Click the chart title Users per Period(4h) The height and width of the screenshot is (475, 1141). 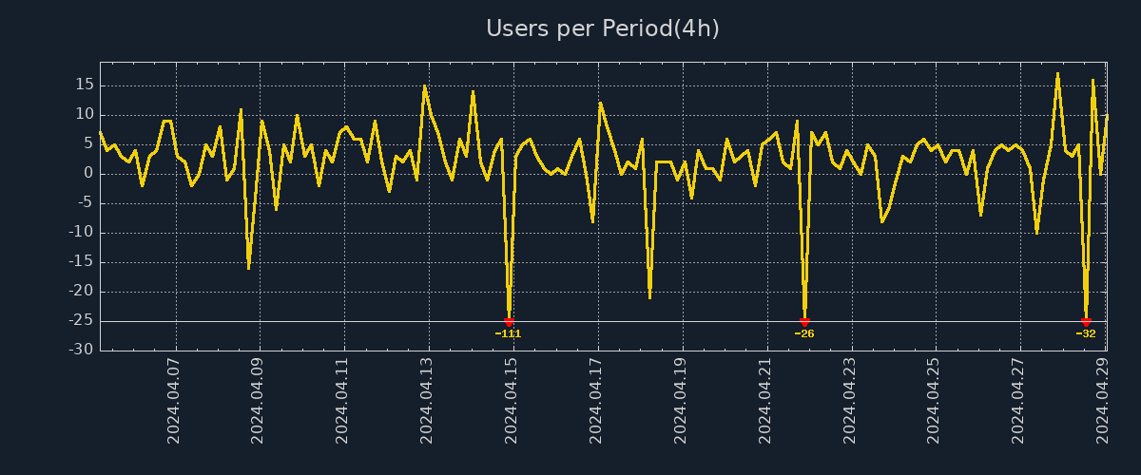[x=603, y=28]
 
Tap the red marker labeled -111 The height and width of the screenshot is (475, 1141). [x=509, y=322]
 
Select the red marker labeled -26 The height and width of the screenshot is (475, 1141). [x=804, y=322]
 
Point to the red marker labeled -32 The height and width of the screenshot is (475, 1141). [x=1086, y=322]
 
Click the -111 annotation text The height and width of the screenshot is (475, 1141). [x=509, y=333]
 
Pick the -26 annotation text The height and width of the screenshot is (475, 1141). [x=804, y=333]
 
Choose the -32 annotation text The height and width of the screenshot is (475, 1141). [x=1086, y=333]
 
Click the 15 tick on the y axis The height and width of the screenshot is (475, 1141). [x=84, y=85]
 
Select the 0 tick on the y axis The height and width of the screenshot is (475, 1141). [x=88, y=173]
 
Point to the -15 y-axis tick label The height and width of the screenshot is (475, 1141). [x=82, y=262]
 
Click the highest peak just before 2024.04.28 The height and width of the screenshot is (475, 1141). [x=1057, y=73]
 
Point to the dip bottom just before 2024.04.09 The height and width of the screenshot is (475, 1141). [x=249, y=268]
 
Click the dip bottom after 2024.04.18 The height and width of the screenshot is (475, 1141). [x=649, y=297]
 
